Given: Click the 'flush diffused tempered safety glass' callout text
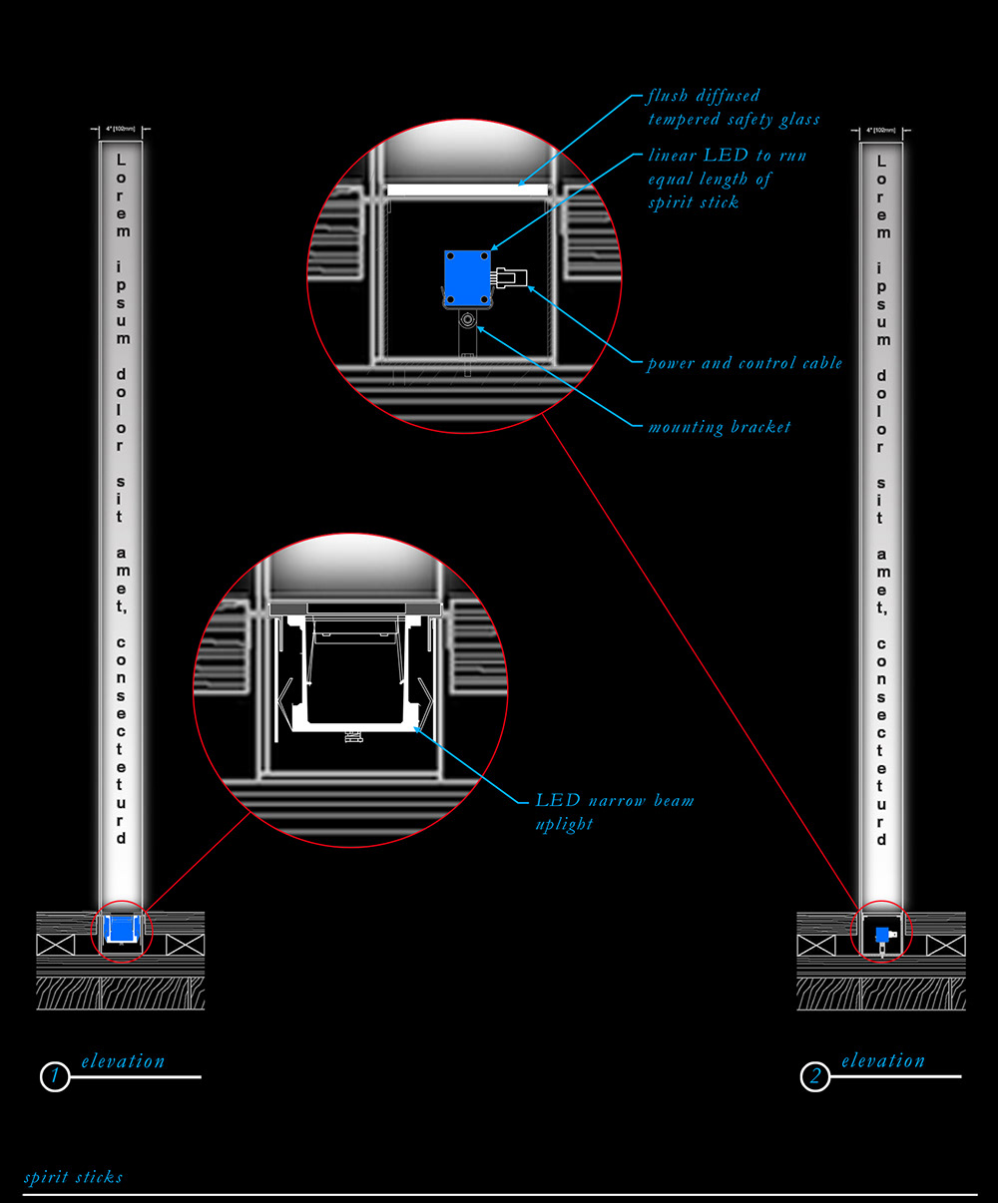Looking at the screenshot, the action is pyautogui.click(x=733, y=108).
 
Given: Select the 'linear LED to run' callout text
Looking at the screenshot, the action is pyautogui.click(x=727, y=156).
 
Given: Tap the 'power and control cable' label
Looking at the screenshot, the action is pyautogui.click(x=745, y=363).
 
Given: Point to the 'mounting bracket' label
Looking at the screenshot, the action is pyautogui.click(x=719, y=427).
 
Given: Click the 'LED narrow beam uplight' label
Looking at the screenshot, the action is pyautogui.click(x=613, y=811).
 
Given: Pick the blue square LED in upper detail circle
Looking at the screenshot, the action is pyautogui.click(x=467, y=278).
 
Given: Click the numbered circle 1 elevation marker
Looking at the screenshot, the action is pyautogui.click(x=55, y=1077).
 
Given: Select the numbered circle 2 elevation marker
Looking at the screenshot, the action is pyautogui.click(x=815, y=1077).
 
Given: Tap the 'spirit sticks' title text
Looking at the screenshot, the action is pyautogui.click(x=73, y=1177).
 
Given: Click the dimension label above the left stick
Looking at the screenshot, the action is pyautogui.click(x=121, y=130).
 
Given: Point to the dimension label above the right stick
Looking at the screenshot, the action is pyautogui.click(x=881, y=131).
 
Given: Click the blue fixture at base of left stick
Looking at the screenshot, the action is pyautogui.click(x=121, y=929).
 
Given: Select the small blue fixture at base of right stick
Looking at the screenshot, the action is pyautogui.click(x=882, y=935).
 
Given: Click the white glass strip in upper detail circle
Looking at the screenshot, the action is pyautogui.click(x=467, y=189).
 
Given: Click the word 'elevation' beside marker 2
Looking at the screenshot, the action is pyautogui.click(x=882, y=1060).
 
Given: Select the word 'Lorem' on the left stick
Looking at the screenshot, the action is pyautogui.click(x=122, y=196).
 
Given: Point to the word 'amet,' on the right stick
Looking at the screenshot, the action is pyautogui.click(x=881, y=582).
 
